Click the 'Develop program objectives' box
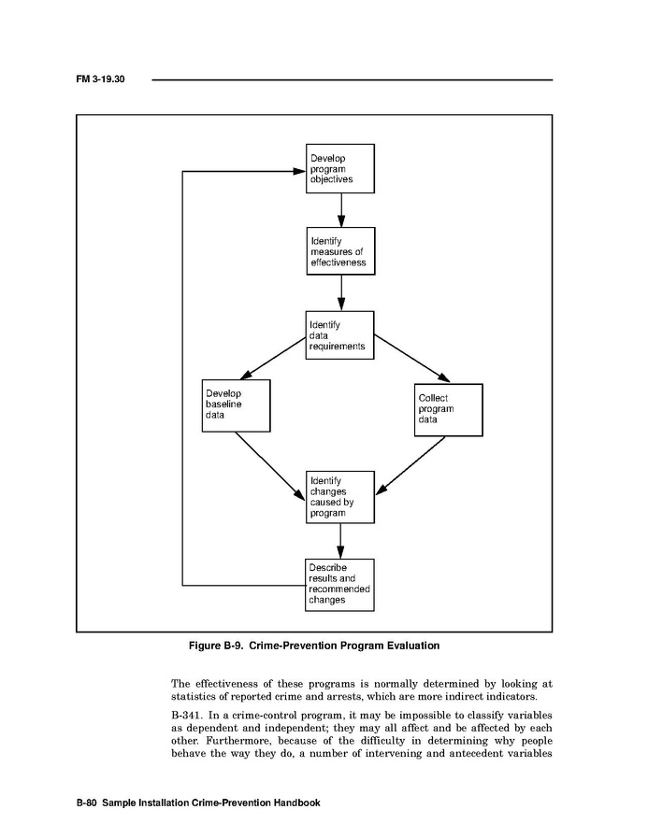[x=340, y=168]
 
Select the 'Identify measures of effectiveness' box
[x=340, y=251]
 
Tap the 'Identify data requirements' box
[x=340, y=335]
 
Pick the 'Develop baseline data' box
[x=236, y=405]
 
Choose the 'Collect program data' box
[x=449, y=409]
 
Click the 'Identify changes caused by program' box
[x=340, y=496]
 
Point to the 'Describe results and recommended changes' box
[x=340, y=585]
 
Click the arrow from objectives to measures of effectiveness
[x=340, y=209]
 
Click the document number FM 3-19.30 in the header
[x=100, y=79]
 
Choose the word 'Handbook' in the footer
[x=295, y=802]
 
